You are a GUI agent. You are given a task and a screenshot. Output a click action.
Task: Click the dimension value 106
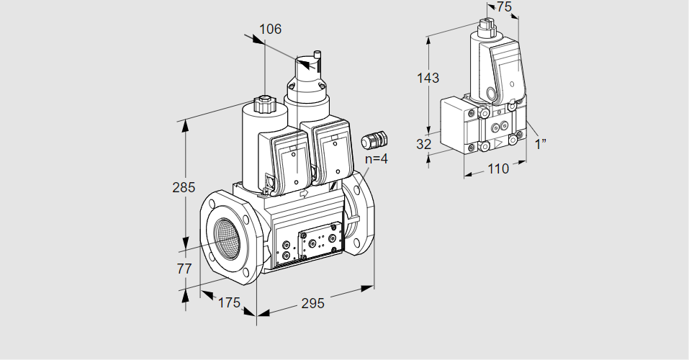click(x=270, y=30)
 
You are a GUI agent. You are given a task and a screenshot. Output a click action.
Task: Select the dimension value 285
click(x=184, y=188)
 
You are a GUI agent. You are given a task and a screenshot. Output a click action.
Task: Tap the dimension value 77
click(x=184, y=269)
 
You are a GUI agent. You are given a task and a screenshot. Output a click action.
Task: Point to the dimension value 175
click(x=228, y=302)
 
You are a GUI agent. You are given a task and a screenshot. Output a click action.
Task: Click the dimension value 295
click(x=312, y=303)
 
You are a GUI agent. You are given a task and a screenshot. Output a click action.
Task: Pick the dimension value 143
click(x=428, y=78)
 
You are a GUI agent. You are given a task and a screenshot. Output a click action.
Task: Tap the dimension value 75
click(x=504, y=6)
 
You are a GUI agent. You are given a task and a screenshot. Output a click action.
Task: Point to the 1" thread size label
click(x=541, y=143)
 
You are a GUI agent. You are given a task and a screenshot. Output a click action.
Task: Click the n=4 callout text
click(x=376, y=158)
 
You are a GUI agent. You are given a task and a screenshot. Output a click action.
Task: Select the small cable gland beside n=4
click(x=374, y=138)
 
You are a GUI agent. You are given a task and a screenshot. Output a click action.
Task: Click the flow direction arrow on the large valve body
click(x=303, y=193)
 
